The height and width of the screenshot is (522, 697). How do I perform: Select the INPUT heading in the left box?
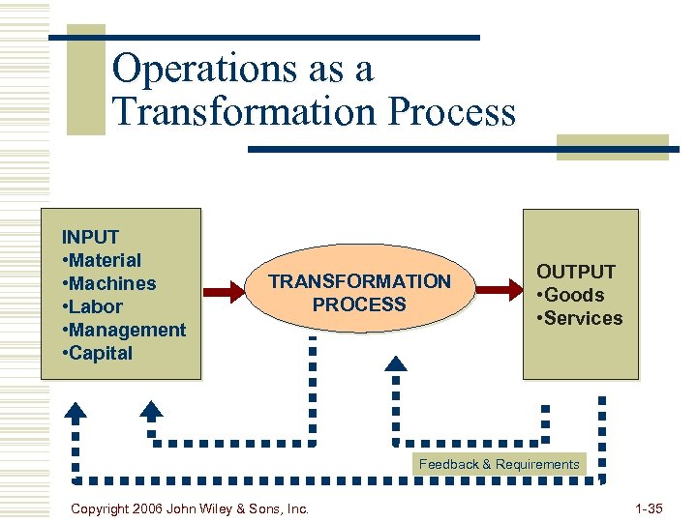pyautogui.click(x=90, y=237)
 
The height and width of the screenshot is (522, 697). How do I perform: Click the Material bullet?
pyautogui.click(x=102, y=260)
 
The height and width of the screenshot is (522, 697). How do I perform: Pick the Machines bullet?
pyautogui.click(x=108, y=283)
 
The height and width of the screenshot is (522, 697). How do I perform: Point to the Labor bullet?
pyautogui.click(x=92, y=306)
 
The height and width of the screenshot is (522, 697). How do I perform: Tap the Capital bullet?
pyautogui.click(x=97, y=353)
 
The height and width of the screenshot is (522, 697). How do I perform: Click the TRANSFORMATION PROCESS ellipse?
pyautogui.click(x=359, y=292)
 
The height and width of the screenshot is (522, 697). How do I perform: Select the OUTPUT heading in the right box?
pyautogui.click(x=576, y=273)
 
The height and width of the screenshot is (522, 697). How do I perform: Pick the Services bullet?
pyautogui.click(x=580, y=319)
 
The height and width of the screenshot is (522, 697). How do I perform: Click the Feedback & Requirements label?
pyautogui.click(x=499, y=464)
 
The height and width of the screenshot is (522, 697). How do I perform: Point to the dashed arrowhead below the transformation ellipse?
pyautogui.click(x=396, y=364)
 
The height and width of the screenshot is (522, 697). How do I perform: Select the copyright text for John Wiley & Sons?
pyautogui.click(x=191, y=508)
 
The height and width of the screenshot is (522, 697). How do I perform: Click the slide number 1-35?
pyautogui.click(x=649, y=508)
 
